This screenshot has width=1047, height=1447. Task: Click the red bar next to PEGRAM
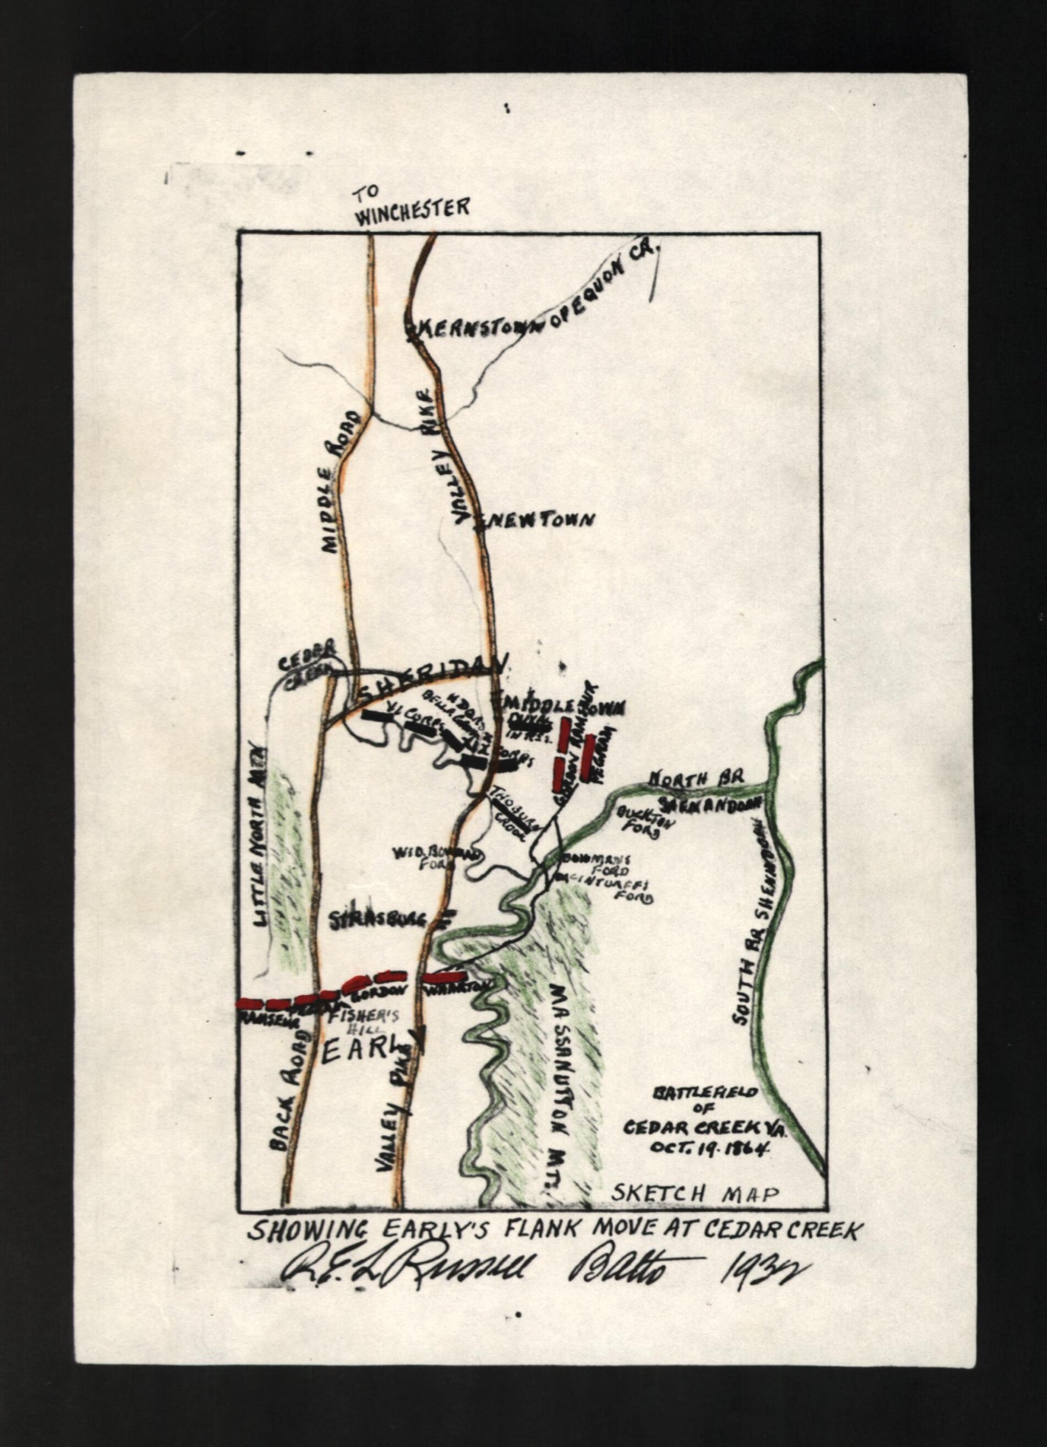(591, 758)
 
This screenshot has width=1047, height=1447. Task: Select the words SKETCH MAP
(694, 1193)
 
